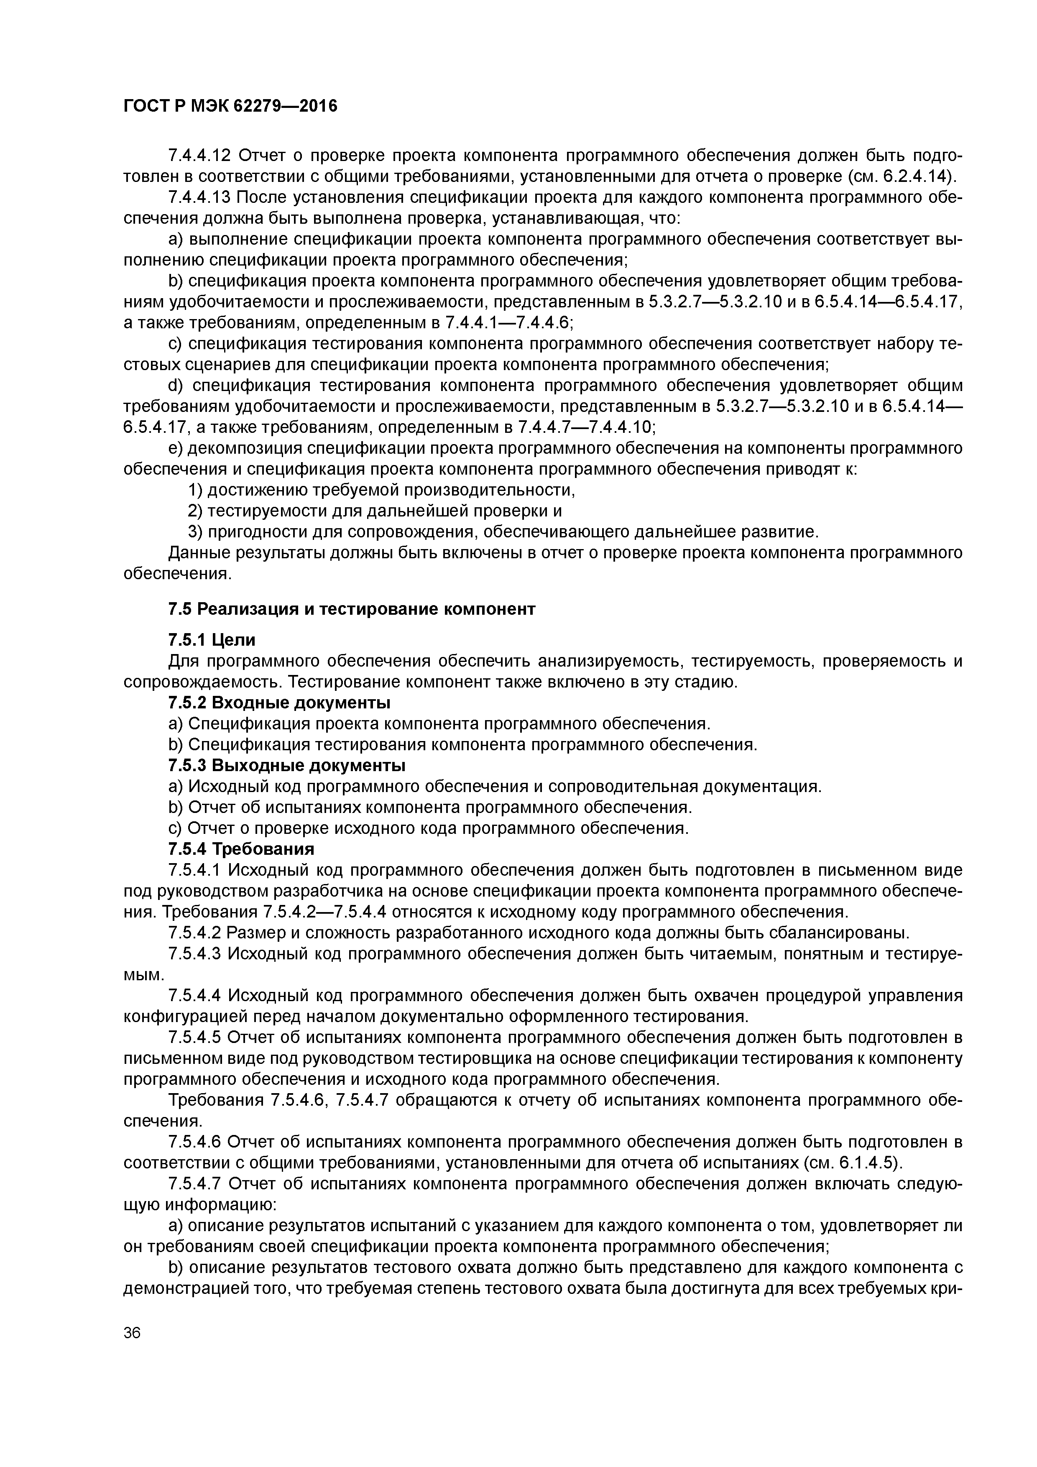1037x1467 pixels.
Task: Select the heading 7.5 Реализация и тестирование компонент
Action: click(x=351, y=609)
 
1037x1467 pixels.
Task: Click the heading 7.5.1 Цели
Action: click(x=212, y=639)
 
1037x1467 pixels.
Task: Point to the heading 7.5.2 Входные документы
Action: click(x=278, y=703)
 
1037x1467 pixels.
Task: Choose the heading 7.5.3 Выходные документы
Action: click(x=287, y=765)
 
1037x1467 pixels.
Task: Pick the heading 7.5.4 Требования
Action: click(x=241, y=849)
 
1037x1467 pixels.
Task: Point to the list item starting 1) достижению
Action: click(x=381, y=490)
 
